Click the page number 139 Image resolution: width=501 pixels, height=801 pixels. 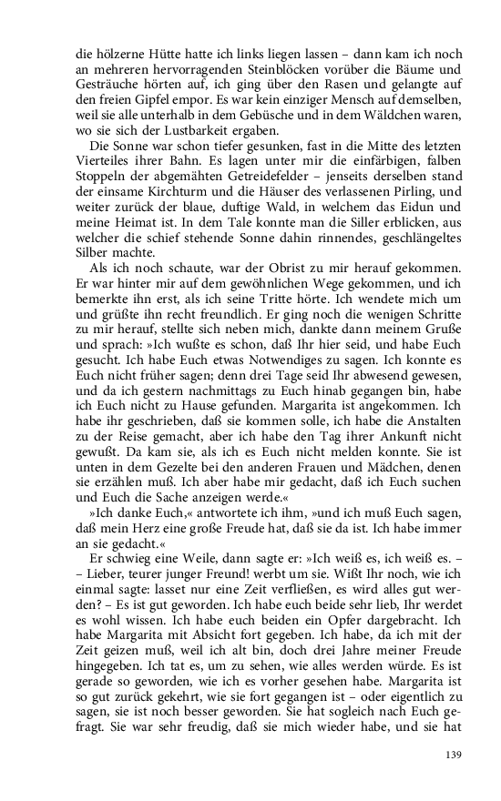tap(455, 754)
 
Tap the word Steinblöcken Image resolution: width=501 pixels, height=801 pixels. tap(281, 68)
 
